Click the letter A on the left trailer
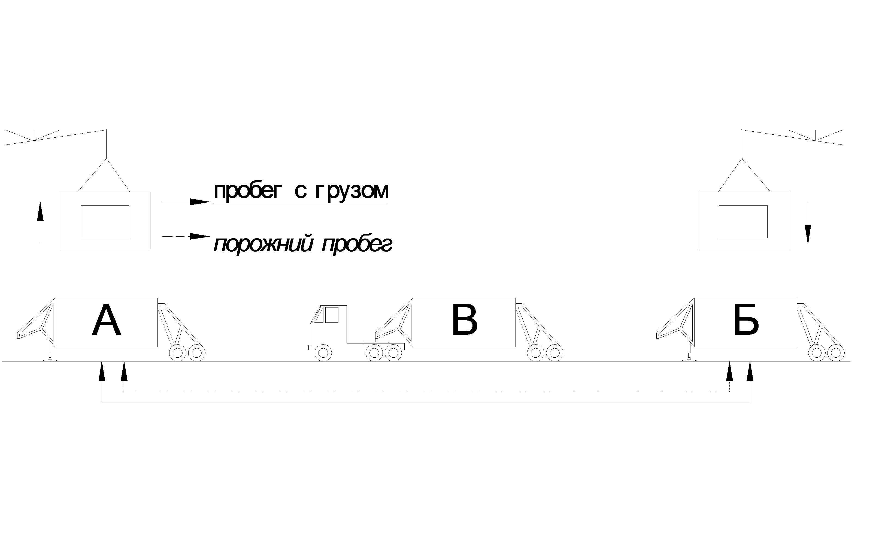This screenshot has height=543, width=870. (106, 320)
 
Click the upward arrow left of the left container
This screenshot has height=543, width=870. (40, 223)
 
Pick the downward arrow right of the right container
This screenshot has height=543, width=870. (808, 223)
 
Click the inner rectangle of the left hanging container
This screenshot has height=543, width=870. (104, 221)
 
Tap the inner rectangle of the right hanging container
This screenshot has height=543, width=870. (743, 221)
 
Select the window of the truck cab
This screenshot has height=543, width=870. (331, 315)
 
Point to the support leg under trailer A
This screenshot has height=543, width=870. (50, 353)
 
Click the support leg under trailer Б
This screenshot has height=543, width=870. (689, 353)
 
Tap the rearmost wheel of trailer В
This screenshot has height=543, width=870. (554, 353)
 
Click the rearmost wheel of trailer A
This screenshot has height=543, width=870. (196, 353)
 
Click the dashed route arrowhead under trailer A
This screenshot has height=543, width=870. (124, 371)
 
